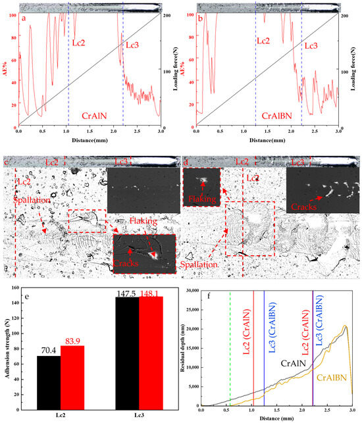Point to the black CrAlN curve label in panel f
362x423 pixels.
point(294,362)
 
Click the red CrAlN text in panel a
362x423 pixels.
point(95,115)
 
